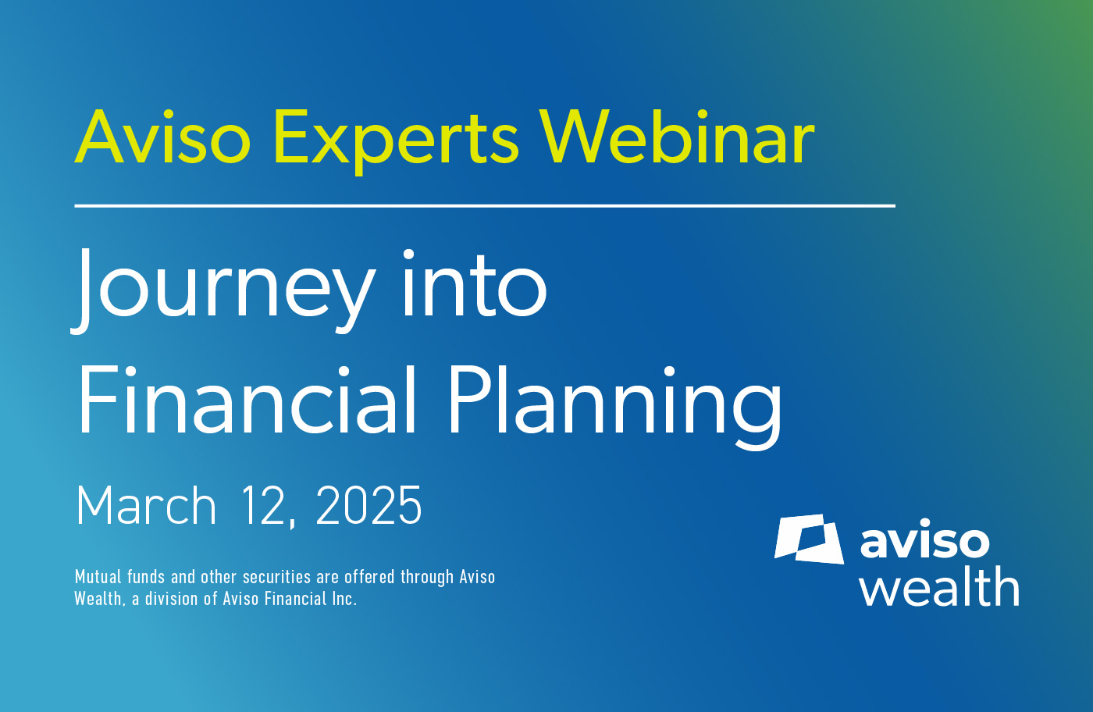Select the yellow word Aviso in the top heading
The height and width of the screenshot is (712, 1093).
pyautogui.click(x=162, y=137)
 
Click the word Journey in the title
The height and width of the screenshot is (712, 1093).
pyautogui.click(x=223, y=291)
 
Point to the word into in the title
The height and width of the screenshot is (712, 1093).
pyautogui.click(x=474, y=283)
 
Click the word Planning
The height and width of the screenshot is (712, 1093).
pyautogui.click(x=615, y=407)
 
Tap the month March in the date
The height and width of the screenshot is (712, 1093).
pyautogui.click(x=146, y=505)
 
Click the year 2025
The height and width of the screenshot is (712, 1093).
pyautogui.click(x=368, y=505)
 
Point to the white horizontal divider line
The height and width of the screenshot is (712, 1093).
pyautogui.click(x=485, y=206)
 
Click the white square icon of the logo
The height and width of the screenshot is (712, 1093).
pyautogui.click(x=808, y=539)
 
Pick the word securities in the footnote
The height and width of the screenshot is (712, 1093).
pyautogui.click(x=276, y=577)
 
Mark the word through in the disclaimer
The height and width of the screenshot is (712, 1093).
pyautogui.click(x=427, y=578)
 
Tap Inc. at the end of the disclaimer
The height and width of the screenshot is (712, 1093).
pyautogui.click(x=344, y=599)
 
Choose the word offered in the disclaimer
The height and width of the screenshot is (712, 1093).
pyautogui.click(x=369, y=577)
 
